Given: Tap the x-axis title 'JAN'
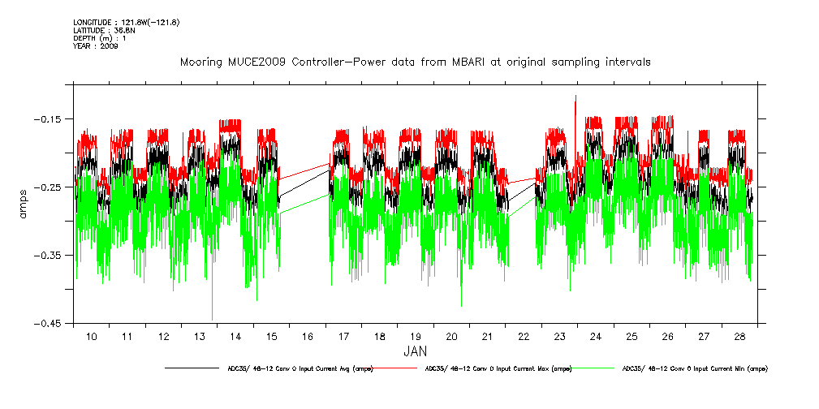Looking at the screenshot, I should tap(415, 351).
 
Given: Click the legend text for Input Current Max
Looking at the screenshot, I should tap(498, 368).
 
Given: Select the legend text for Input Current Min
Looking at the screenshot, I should tap(694, 368).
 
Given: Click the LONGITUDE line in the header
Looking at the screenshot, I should tap(126, 22).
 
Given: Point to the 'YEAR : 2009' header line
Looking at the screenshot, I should tap(96, 46).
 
